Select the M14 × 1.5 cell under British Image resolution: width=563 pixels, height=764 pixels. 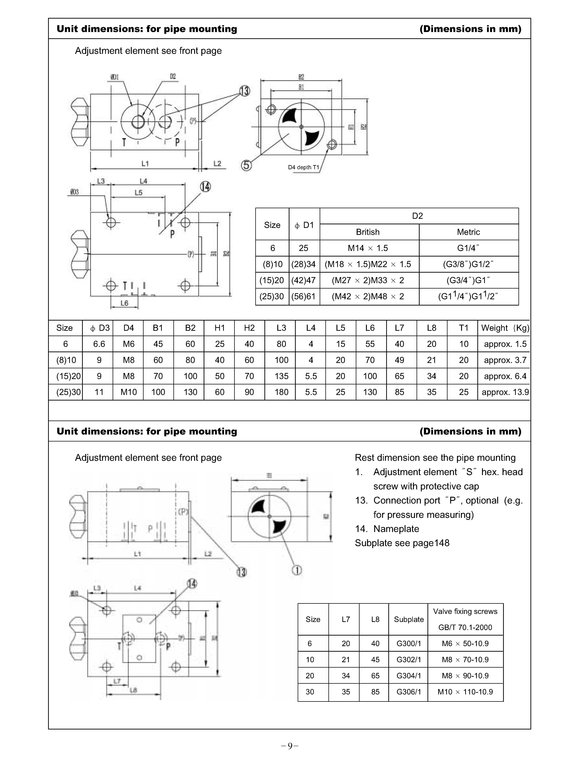(x=368, y=248)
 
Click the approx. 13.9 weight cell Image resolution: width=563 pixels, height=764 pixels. (x=505, y=392)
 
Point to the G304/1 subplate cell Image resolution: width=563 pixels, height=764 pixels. (x=409, y=676)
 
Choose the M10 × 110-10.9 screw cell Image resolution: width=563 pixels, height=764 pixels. (x=465, y=692)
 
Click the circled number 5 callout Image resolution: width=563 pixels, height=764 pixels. (x=246, y=166)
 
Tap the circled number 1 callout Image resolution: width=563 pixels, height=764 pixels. (x=297, y=570)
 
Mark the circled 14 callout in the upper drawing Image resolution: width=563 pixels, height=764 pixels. (x=205, y=187)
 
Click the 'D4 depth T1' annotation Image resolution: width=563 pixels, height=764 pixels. (x=303, y=167)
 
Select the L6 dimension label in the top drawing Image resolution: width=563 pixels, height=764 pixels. (x=124, y=303)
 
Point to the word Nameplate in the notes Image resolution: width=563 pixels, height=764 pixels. (x=396, y=529)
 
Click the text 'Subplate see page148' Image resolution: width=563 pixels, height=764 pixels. (x=402, y=543)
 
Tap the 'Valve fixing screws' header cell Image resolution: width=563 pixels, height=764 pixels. (x=465, y=611)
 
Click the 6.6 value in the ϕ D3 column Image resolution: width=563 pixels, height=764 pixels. (x=99, y=344)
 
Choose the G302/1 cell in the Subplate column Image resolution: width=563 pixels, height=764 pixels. (x=409, y=660)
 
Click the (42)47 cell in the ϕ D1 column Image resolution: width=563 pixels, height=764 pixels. (x=303, y=280)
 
